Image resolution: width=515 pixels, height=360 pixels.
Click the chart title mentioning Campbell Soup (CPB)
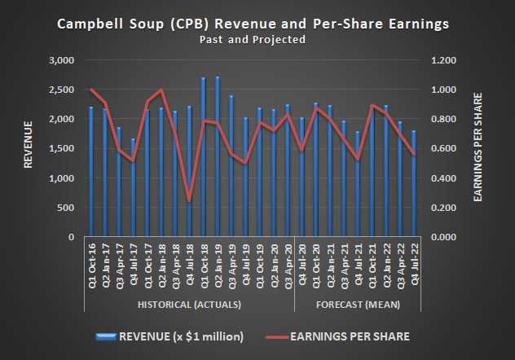click(x=252, y=24)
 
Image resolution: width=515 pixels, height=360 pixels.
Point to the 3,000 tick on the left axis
click(x=61, y=60)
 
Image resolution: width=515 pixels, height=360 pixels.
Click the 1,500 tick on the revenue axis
click(x=61, y=149)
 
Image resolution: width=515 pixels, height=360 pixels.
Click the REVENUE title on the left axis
click(x=28, y=145)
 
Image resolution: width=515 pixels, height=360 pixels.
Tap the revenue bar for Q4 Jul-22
click(x=414, y=183)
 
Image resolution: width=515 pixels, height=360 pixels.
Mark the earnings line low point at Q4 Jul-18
click(x=189, y=200)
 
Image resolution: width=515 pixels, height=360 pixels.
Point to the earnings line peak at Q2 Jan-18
click(x=161, y=90)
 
